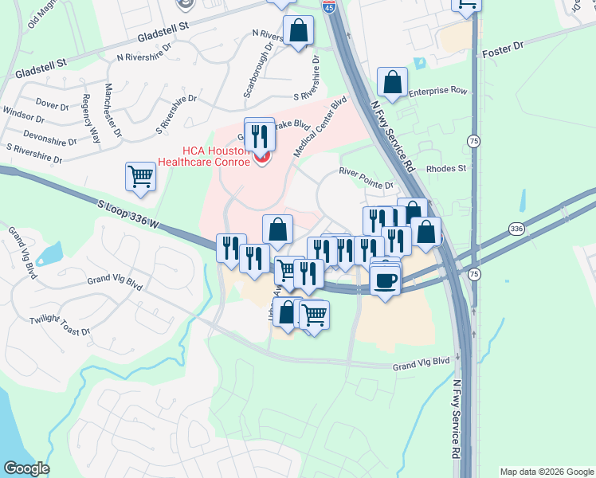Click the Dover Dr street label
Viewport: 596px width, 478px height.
tap(53, 104)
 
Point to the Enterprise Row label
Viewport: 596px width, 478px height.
tap(437, 92)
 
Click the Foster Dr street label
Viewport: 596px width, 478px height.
tap(503, 53)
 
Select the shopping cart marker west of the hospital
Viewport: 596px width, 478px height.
tap(141, 176)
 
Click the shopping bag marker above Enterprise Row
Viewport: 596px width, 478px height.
tap(393, 81)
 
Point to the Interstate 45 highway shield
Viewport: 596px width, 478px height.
tap(330, 8)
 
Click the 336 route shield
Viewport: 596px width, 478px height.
tap(516, 229)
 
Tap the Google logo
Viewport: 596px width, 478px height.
tap(26, 468)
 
